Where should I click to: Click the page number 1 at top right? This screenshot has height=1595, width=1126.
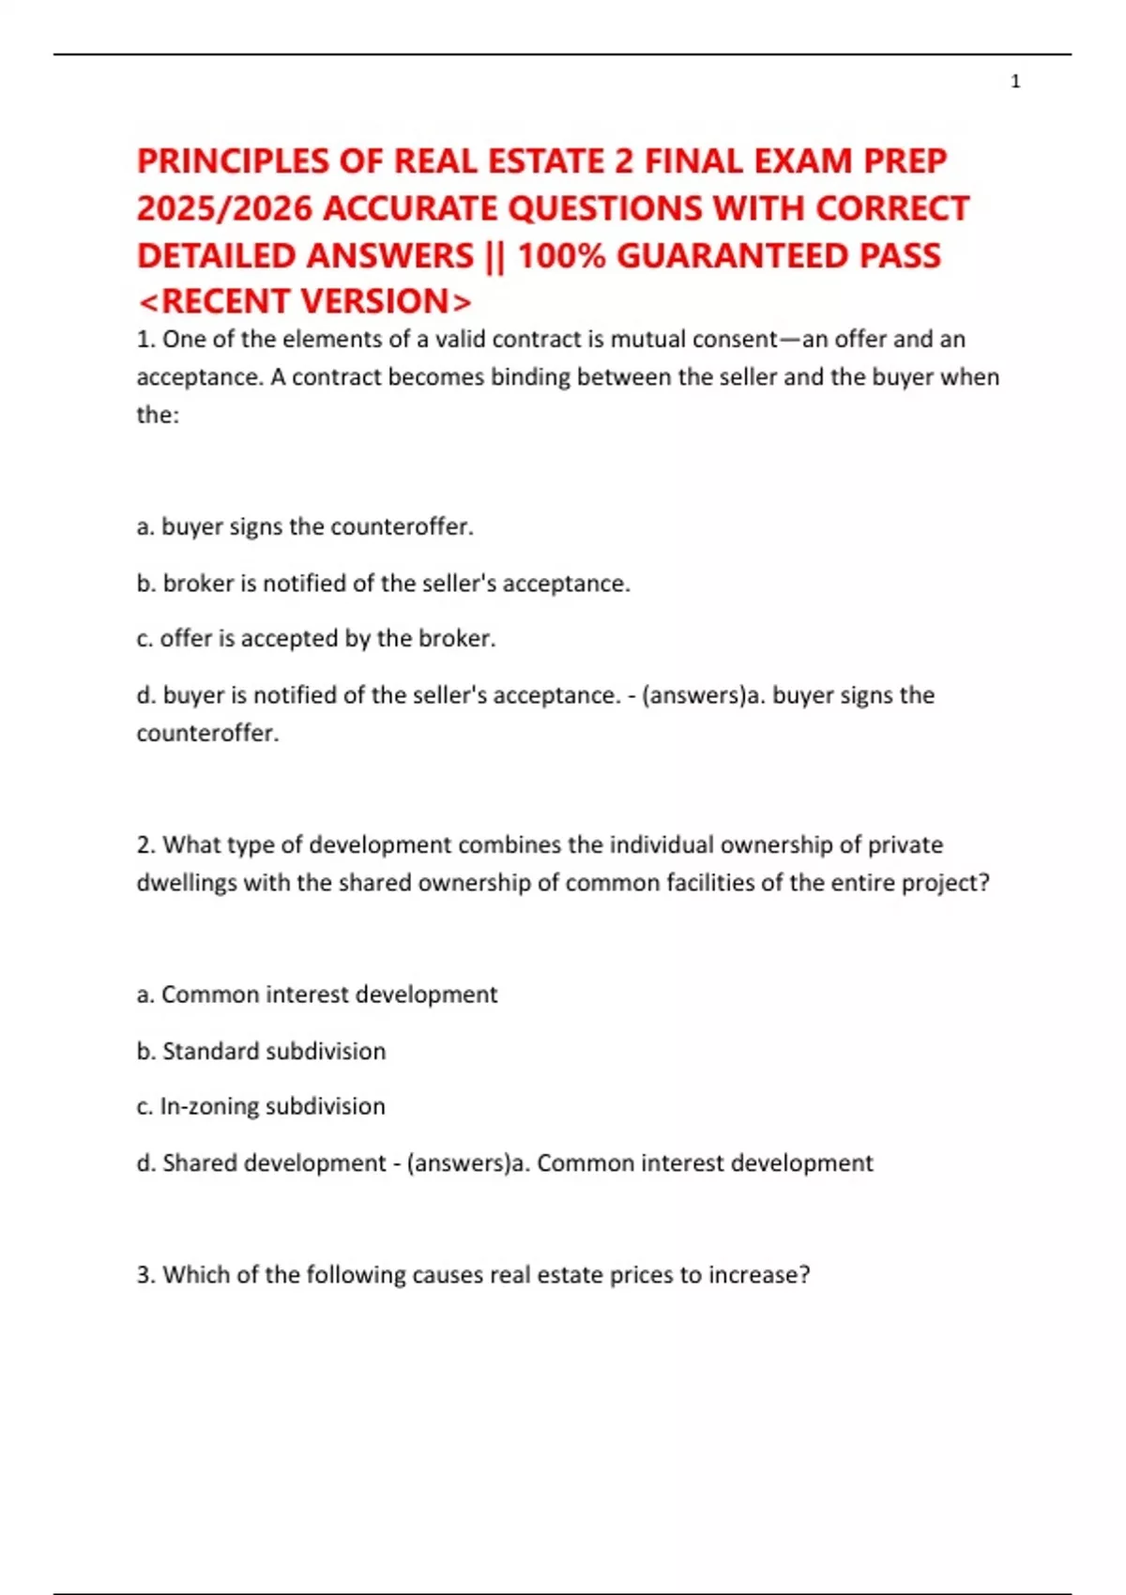pos(1015,83)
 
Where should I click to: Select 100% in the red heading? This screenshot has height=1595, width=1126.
pos(561,255)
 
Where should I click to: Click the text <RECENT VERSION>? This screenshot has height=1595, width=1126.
pos(304,301)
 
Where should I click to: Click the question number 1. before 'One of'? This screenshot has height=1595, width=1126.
pos(145,340)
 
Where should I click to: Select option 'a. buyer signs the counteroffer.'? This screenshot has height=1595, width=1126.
pos(305,527)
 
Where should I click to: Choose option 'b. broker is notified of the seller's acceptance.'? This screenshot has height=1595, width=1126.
pos(383,584)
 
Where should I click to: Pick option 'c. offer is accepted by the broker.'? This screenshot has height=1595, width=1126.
pos(316,639)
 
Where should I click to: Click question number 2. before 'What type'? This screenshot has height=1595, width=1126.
pos(145,845)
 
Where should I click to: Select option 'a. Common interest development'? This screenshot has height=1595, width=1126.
pos(317,995)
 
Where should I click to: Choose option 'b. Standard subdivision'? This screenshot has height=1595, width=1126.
pos(261,1051)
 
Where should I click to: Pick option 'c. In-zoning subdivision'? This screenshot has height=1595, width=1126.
pos(261,1107)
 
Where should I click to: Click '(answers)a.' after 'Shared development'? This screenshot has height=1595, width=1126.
pos(467,1163)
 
